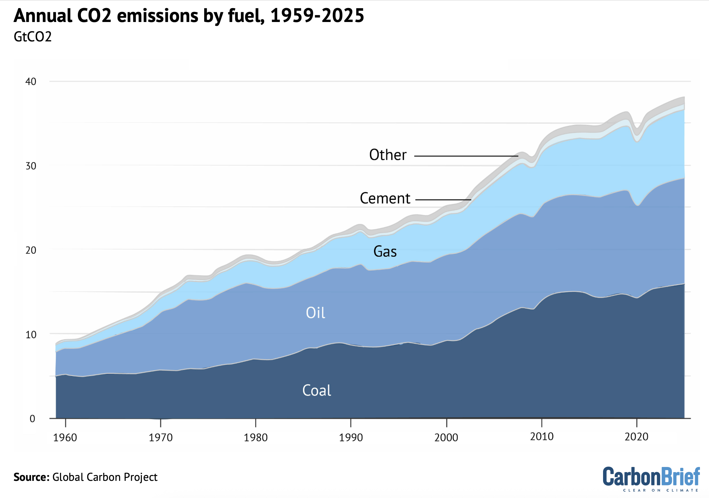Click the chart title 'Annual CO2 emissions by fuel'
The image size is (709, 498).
point(189,16)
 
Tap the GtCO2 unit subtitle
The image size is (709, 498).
point(33,37)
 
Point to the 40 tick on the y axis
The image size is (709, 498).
point(31,81)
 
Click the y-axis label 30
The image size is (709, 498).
point(31,166)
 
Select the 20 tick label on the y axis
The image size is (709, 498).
point(31,250)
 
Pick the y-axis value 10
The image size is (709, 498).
point(31,334)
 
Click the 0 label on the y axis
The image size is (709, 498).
point(32,419)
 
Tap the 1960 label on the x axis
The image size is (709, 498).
point(65,438)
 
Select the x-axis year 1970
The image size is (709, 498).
point(161,438)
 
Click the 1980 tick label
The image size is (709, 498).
point(255,438)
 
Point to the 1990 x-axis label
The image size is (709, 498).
point(351,438)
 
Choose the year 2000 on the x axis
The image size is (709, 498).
point(446,438)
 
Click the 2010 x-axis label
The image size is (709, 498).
point(542,437)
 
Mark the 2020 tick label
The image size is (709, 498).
point(636,437)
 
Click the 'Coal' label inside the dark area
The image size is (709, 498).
point(317,390)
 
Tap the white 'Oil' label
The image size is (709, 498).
point(315,313)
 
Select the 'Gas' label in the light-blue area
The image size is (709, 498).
point(385,251)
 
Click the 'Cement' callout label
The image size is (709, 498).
point(385,198)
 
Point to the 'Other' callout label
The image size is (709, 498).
point(388,155)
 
